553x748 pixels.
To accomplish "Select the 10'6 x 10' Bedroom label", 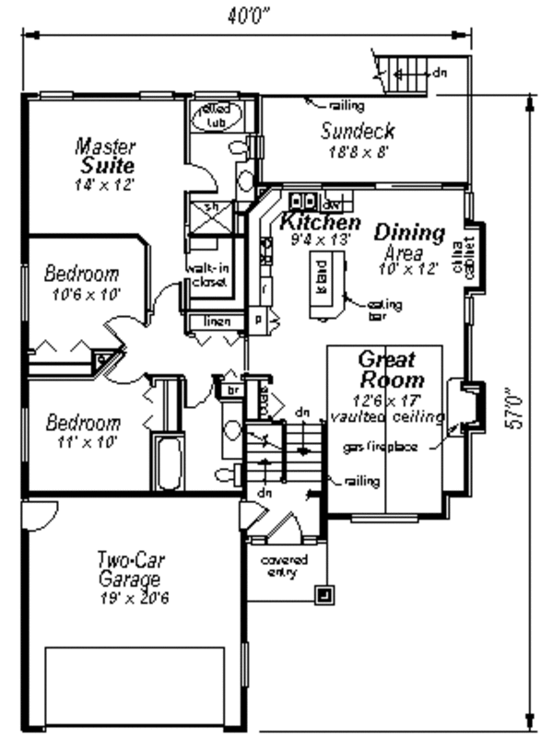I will [x=82, y=283].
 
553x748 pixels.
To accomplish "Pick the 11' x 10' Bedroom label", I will [x=83, y=432].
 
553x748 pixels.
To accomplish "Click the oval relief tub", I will [x=218, y=116].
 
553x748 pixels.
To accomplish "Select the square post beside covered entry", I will [x=324, y=594].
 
